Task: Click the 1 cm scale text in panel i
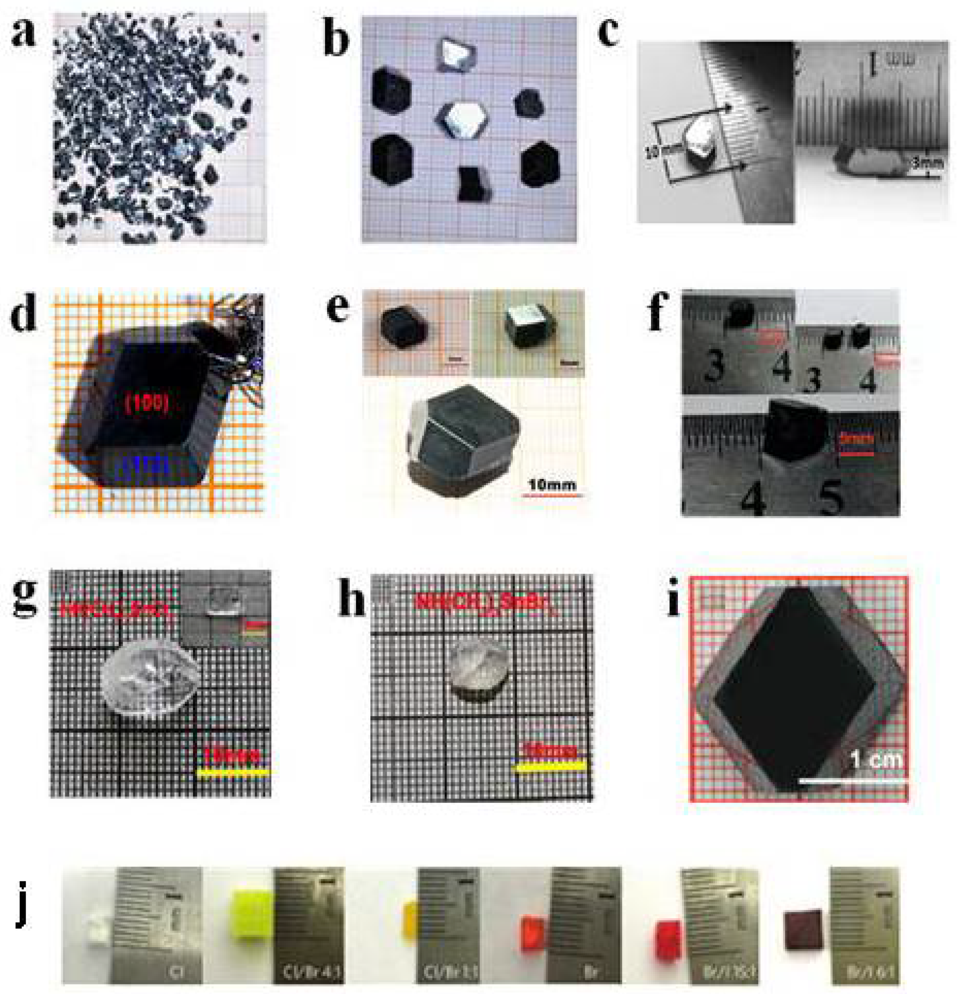pyautogui.click(x=876, y=759)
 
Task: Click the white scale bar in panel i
pyautogui.click(x=852, y=782)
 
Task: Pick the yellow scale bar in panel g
pyautogui.click(x=233, y=773)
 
